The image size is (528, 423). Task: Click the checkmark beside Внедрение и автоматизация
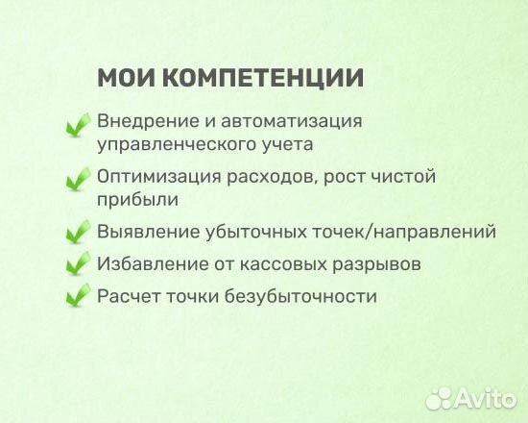click(77, 126)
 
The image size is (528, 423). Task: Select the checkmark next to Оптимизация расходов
click(77, 180)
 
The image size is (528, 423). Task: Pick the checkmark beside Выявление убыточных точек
click(77, 234)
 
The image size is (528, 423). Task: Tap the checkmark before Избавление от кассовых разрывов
click(77, 264)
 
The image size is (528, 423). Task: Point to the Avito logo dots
click(441, 396)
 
